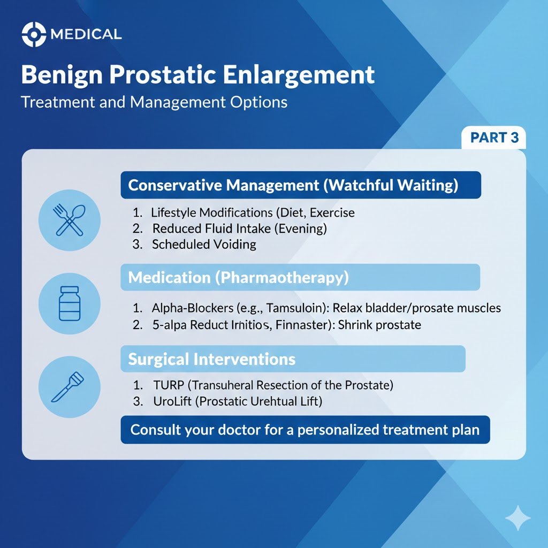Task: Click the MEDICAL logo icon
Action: point(33,35)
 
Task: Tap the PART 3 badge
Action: point(494,138)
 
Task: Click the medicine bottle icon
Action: point(70,303)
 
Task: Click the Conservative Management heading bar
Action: point(301,185)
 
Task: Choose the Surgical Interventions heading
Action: point(212,359)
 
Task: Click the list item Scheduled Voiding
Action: point(204,245)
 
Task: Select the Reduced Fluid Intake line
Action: point(239,229)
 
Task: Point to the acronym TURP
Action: point(169,385)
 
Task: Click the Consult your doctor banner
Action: point(305,430)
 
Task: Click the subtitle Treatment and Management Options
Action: point(154,102)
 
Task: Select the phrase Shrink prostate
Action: point(380,324)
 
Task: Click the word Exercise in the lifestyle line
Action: point(332,212)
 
